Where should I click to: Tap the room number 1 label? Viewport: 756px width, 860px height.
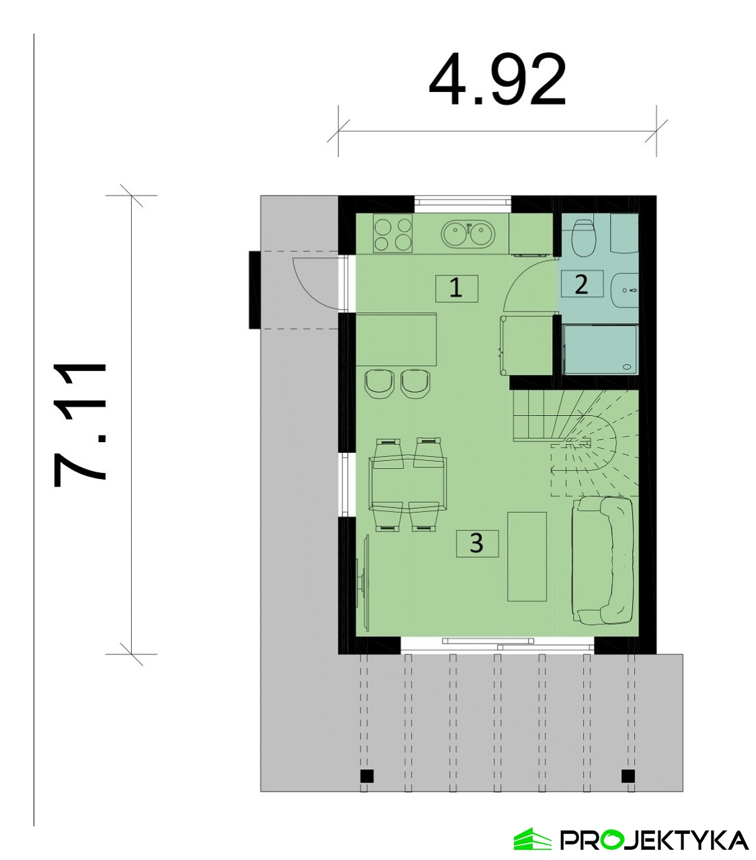tap(457, 288)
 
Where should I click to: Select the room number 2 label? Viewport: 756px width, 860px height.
tap(582, 284)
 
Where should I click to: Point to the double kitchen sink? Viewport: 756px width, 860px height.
tap(467, 234)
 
